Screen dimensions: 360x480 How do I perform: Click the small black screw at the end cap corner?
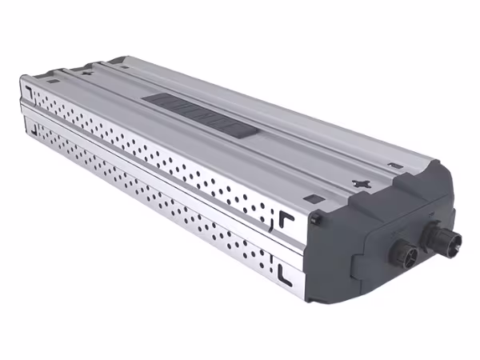[314, 218]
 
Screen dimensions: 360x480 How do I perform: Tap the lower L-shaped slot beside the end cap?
[286, 271]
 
